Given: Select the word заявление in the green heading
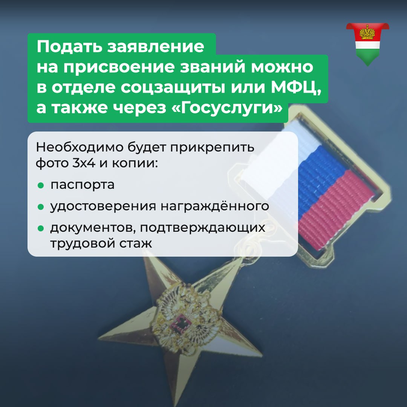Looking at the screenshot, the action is [x=156, y=47].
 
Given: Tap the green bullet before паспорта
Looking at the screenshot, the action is [x=40, y=185].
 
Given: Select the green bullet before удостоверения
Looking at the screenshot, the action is [x=40, y=207].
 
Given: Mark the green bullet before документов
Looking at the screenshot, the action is [x=40, y=228].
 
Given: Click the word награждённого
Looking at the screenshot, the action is [x=215, y=207].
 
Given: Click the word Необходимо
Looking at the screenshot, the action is [x=80, y=147].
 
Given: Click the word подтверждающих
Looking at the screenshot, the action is [x=203, y=228].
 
